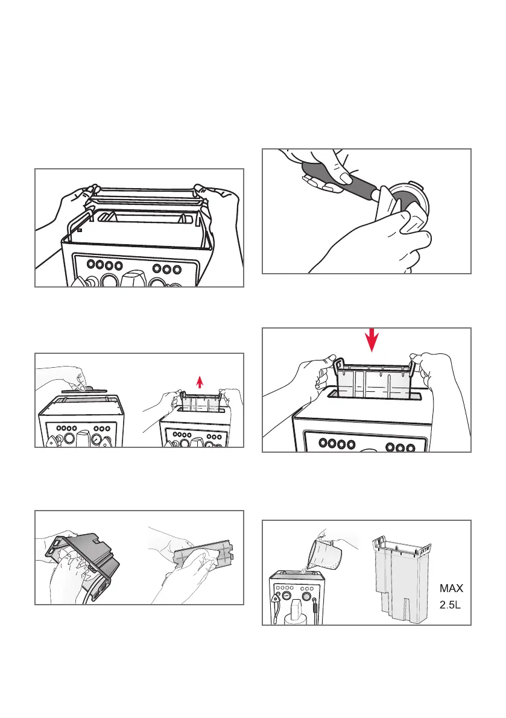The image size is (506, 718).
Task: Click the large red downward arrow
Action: coord(373,341)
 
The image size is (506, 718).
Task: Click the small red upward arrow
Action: coord(200,380)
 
